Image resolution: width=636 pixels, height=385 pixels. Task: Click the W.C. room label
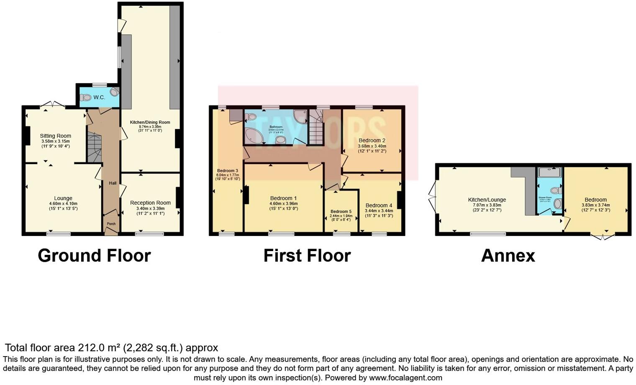(x=99, y=98)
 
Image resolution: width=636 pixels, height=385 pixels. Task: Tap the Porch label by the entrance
(x=111, y=224)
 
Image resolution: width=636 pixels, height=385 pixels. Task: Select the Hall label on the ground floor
(x=113, y=183)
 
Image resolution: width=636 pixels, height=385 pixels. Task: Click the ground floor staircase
(x=94, y=148)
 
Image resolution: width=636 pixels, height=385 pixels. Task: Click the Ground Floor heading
(x=94, y=256)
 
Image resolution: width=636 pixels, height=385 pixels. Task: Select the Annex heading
(x=508, y=256)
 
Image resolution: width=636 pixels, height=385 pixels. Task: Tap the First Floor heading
(x=307, y=256)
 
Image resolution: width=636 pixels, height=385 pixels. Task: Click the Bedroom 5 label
(x=341, y=211)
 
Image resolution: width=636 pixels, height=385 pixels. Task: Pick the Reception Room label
(x=150, y=203)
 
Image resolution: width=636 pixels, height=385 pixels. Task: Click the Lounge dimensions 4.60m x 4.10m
(x=63, y=204)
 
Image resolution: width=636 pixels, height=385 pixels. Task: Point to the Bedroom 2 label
(x=372, y=141)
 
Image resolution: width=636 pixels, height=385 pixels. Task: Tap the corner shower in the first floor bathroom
(x=300, y=116)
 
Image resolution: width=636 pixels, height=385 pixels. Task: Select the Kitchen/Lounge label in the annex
(x=487, y=200)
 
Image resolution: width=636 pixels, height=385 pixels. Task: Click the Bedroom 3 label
(x=228, y=171)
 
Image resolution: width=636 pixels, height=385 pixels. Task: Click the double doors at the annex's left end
(x=432, y=197)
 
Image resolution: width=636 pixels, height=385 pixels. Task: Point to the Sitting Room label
(x=56, y=136)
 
